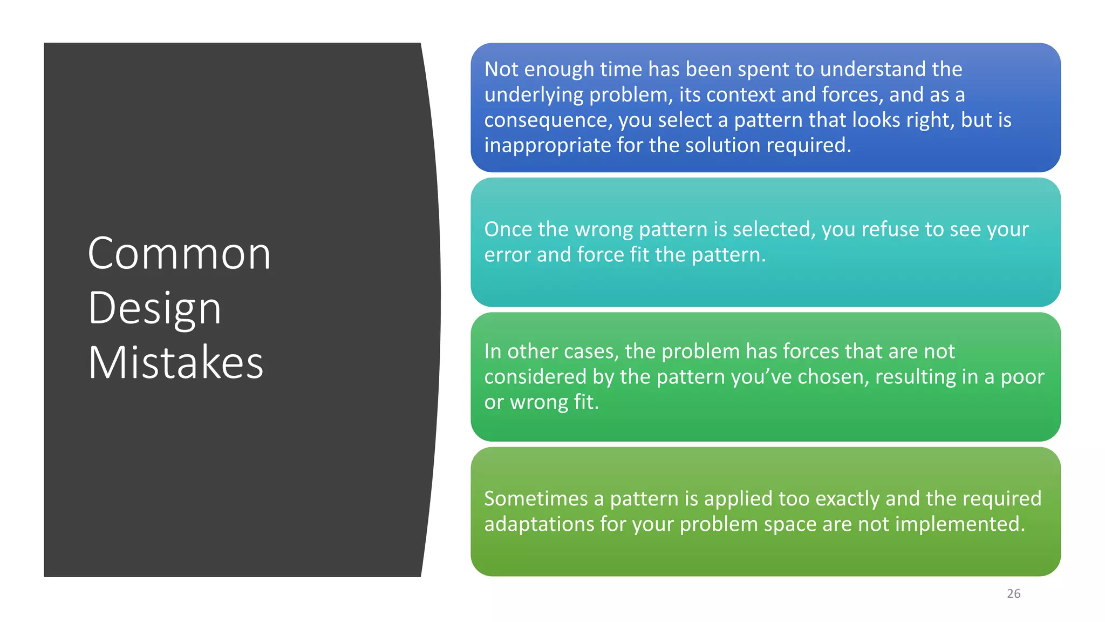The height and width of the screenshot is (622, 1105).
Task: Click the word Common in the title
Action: click(x=179, y=254)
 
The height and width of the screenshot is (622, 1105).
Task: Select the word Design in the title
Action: click(x=155, y=308)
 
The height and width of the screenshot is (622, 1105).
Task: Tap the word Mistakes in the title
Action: click(x=176, y=363)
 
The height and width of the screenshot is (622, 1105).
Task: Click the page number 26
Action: click(x=1013, y=593)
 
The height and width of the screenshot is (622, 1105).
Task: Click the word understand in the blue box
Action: click(x=872, y=69)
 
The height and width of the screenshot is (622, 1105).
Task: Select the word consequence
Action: click(x=547, y=120)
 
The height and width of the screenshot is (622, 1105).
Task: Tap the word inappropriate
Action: click(x=547, y=145)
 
